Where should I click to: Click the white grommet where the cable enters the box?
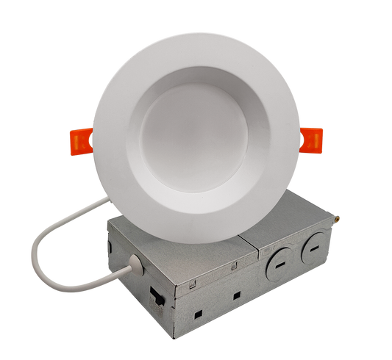[135, 261]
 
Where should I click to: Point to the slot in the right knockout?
[312, 248]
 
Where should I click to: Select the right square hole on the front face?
[238, 297]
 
